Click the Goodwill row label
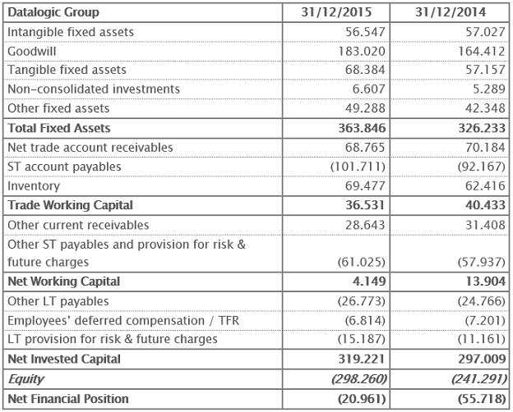tap(32, 51)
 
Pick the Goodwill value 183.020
tap(358, 51)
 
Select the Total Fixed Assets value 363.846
tap(355, 128)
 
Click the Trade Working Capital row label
tap(70, 205)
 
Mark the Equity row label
tap(25, 379)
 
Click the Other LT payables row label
tap(58, 301)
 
